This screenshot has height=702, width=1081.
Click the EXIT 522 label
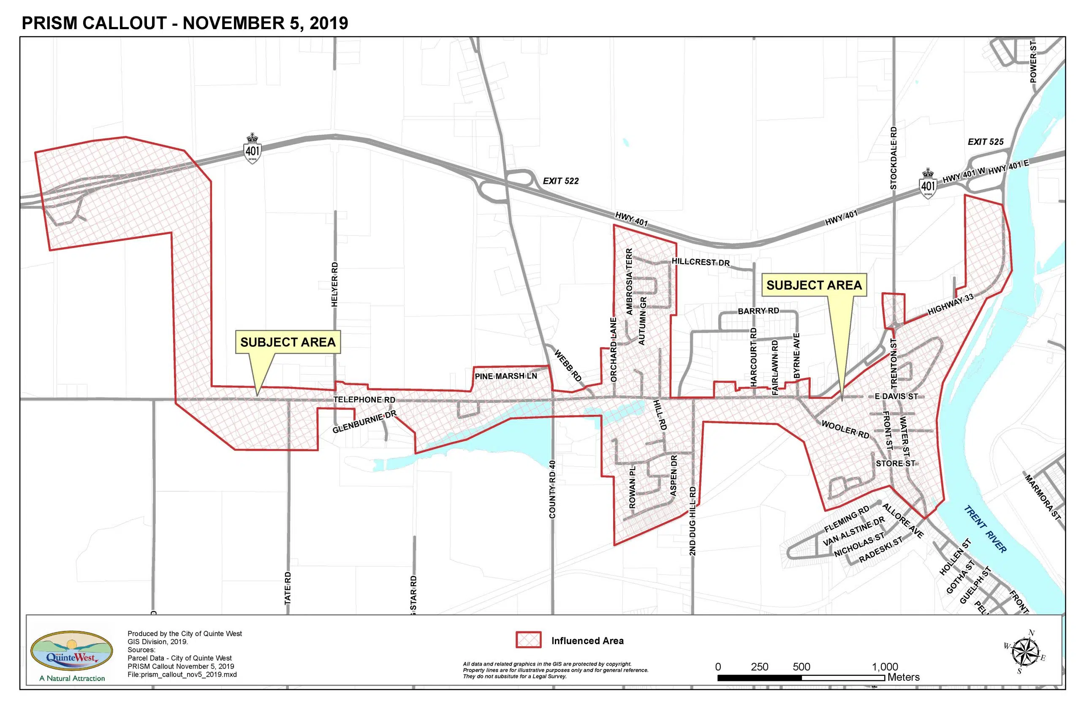pyautogui.click(x=560, y=181)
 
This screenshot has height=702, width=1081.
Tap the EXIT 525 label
pyautogui.click(x=985, y=142)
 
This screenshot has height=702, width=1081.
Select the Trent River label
pyautogui.click(x=985, y=529)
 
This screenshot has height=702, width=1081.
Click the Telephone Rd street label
pyautogui.click(x=364, y=400)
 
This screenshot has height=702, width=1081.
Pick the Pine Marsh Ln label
pyautogui.click(x=505, y=376)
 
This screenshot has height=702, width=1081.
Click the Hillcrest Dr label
pyautogui.click(x=701, y=262)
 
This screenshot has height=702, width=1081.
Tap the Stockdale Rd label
pyautogui.click(x=894, y=158)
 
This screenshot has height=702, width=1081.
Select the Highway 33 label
pyautogui.click(x=950, y=305)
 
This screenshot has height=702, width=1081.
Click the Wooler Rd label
pyautogui.click(x=845, y=430)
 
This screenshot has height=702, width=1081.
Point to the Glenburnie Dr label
pyautogui.click(x=364, y=422)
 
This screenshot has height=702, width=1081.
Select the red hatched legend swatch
pyautogui.click(x=528, y=640)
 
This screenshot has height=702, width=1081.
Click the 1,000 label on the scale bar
pyautogui.click(x=885, y=667)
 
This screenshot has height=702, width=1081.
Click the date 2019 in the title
pyautogui.click(x=329, y=23)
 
